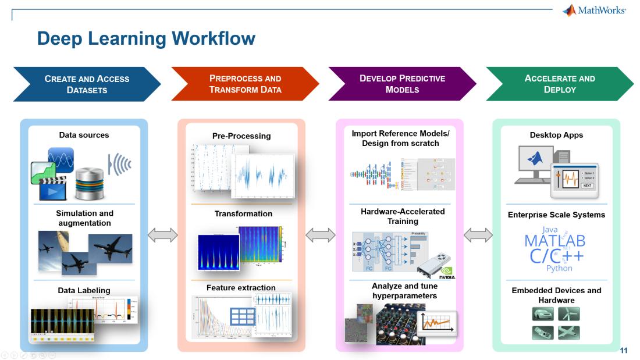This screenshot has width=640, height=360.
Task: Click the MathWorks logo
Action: (593, 10)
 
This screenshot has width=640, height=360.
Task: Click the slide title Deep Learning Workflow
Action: (146, 38)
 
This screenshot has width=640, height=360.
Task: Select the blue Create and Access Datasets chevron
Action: (87, 84)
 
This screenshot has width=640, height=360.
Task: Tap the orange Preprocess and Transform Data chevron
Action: (245, 84)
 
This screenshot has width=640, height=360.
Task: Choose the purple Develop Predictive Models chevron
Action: (402, 84)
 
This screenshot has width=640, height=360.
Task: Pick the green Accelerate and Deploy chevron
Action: (559, 84)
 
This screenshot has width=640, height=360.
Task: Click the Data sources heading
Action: (84, 135)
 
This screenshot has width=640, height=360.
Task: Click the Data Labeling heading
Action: (84, 290)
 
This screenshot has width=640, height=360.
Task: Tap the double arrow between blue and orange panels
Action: (162, 235)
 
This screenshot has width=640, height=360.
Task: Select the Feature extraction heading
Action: (241, 288)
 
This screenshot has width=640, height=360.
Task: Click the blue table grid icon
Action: (242, 316)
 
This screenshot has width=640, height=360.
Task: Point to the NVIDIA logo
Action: (446, 273)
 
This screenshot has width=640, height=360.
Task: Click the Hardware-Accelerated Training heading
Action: (403, 216)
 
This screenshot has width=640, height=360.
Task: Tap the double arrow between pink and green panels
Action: (478, 235)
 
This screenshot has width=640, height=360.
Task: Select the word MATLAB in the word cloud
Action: (554, 241)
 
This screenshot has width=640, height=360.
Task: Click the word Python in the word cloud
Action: (559, 268)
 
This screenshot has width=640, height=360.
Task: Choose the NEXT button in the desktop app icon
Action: (587, 186)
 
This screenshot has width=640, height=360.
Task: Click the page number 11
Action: (624, 351)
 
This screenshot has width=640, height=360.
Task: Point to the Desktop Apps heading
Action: (556, 135)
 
